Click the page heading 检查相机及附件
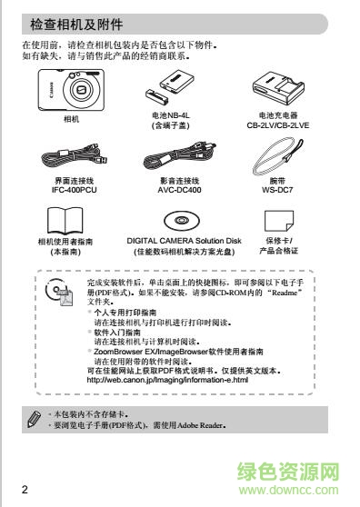click(x=77, y=23)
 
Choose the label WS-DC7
click(x=278, y=192)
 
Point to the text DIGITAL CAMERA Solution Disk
click(x=178, y=240)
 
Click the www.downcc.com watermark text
click(x=299, y=495)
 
